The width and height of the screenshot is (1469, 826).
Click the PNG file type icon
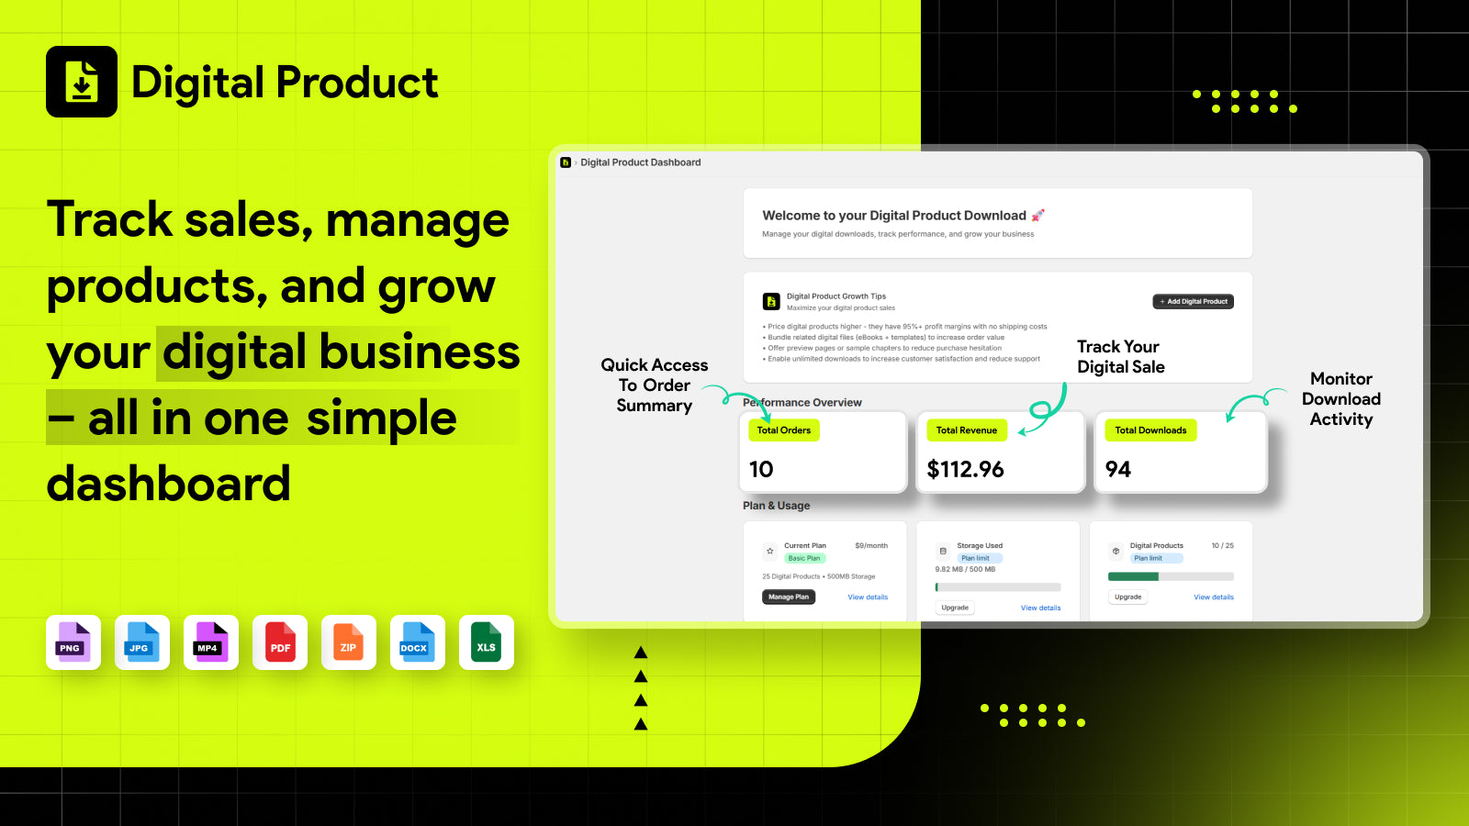73,642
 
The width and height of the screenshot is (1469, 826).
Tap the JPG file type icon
142,642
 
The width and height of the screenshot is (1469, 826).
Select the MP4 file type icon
211,642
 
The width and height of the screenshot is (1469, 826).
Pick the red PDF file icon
280,642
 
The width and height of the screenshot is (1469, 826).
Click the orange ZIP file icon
349,642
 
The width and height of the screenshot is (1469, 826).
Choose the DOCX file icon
418,642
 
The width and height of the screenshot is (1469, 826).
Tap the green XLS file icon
487,642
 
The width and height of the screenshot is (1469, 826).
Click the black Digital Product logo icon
82,82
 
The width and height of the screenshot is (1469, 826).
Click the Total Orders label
784,430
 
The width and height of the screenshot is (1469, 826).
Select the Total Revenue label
966,430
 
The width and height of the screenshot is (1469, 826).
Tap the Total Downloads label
1150,430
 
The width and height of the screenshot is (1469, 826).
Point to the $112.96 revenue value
965,470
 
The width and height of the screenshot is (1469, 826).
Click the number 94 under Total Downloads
1118,470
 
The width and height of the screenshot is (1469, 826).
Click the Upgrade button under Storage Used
955,608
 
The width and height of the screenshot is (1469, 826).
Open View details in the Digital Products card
1214,597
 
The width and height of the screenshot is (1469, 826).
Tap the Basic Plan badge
804,558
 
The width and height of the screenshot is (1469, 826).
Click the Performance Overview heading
802,403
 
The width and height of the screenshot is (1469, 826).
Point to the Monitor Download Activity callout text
1341,399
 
